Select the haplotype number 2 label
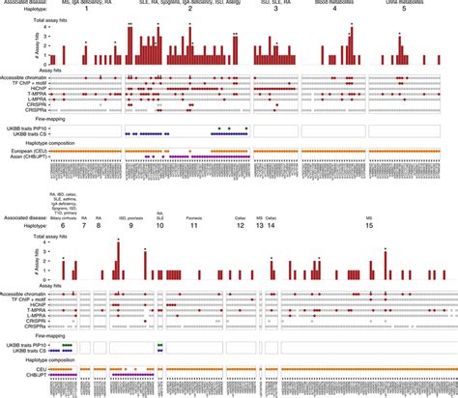pos(189,10)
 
